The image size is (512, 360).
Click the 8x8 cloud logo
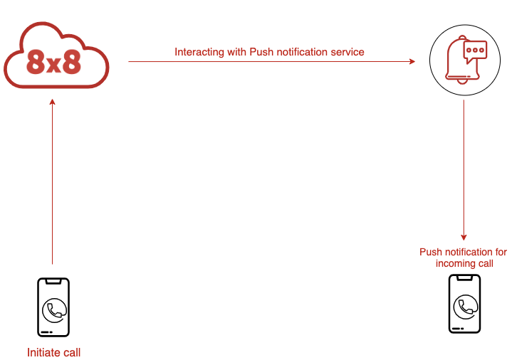point(56,55)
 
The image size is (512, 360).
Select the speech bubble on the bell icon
point(475,51)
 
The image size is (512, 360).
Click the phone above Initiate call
point(53,307)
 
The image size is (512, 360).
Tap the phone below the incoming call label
point(464,304)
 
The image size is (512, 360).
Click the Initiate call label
point(53,352)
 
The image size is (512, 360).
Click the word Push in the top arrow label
point(260,52)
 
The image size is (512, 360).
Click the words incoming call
point(464,263)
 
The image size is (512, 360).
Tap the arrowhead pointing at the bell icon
point(412,61)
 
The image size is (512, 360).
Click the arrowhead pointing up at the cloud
point(52,102)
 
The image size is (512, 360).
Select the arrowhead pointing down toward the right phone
point(464,238)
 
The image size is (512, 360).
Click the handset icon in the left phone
point(54,310)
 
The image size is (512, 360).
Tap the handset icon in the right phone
point(466,307)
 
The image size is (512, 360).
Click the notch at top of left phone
point(53,281)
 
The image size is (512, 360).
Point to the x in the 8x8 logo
point(53,65)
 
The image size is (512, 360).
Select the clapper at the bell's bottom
point(461,81)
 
